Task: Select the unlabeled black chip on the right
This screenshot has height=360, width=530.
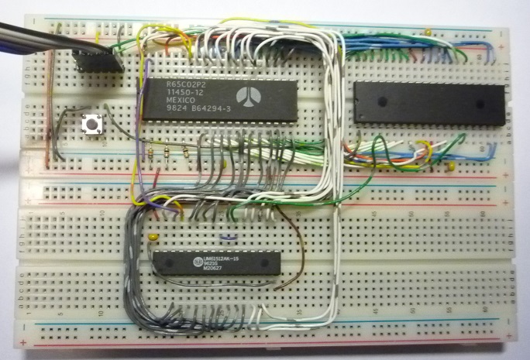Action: click(x=428, y=104)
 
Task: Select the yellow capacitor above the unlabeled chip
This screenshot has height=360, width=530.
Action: click(x=427, y=32)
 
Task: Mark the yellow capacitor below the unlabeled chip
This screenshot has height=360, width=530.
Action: click(x=449, y=166)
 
